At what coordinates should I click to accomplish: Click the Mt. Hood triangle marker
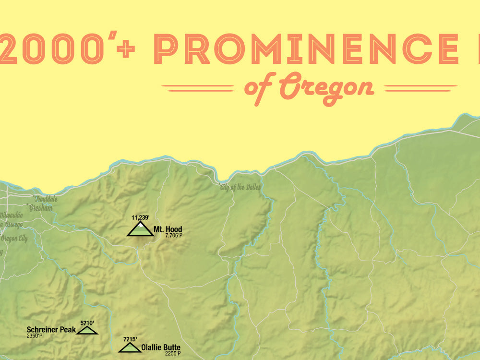click(140, 230)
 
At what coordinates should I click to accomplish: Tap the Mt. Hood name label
click(168, 229)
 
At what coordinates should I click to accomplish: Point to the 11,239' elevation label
click(140, 217)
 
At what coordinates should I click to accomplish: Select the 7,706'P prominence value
click(173, 236)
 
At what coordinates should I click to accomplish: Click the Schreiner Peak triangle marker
click(87, 330)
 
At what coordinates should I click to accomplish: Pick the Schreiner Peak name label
click(51, 330)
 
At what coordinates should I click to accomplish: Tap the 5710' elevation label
click(87, 323)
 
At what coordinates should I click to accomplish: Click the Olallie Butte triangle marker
click(130, 347)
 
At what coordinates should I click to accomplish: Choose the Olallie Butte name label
click(161, 347)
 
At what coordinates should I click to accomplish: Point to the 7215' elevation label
click(130, 339)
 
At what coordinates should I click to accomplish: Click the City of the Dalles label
click(240, 187)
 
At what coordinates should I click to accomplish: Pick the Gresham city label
click(41, 208)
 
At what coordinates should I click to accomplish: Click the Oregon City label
click(14, 239)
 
